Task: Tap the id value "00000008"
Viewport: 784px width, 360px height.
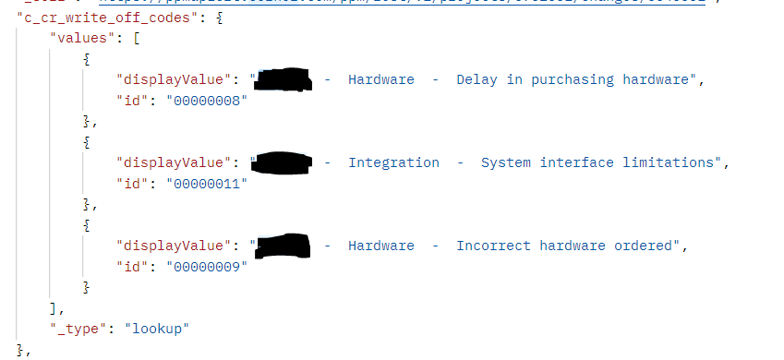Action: pyautogui.click(x=208, y=101)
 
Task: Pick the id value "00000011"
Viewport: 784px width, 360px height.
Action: pyautogui.click(x=208, y=184)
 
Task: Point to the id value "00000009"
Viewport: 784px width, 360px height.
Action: pyautogui.click(x=208, y=267)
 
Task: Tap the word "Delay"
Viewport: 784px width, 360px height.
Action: pyautogui.click(x=476, y=79)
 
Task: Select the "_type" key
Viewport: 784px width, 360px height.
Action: pyautogui.click(x=79, y=329)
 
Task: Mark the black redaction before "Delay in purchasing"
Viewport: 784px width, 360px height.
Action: pyautogui.click(x=283, y=79)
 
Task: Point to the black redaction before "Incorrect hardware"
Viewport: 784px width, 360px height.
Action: pyautogui.click(x=282, y=246)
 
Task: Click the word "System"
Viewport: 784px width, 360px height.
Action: pyautogui.click(x=506, y=162)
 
